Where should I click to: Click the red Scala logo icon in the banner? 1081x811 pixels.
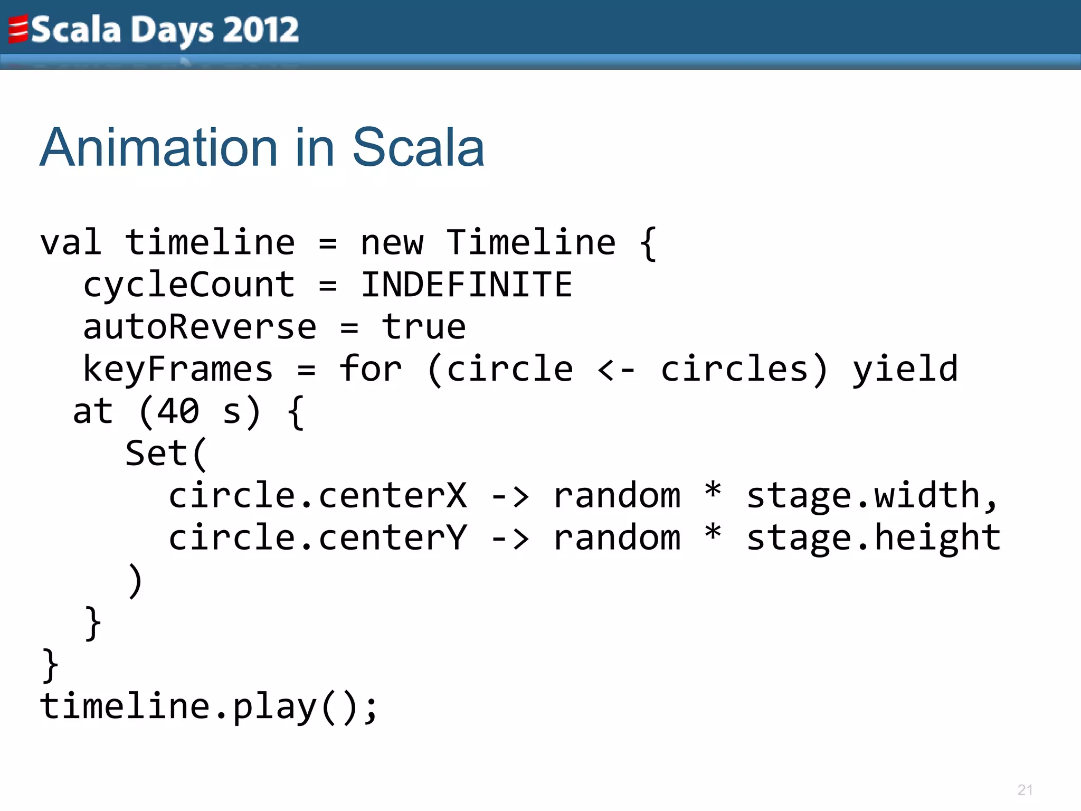pos(18,30)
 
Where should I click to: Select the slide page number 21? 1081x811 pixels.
pos(1025,790)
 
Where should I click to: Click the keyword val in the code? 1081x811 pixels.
pos(71,243)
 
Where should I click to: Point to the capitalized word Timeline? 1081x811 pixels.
pos(530,243)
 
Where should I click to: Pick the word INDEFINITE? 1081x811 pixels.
pos(467,285)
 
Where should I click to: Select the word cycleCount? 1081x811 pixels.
pos(189,285)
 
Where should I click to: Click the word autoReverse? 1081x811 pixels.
pos(200,327)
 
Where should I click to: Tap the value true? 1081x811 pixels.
pos(424,327)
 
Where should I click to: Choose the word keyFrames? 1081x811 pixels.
pos(178,369)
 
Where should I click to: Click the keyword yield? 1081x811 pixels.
pos(905,369)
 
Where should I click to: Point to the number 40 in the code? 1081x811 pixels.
pos(178,411)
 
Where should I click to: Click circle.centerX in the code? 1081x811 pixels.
pos(317,496)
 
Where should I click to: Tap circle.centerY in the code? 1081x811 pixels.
pos(317,538)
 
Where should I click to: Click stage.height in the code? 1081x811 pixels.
pos(874,538)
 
